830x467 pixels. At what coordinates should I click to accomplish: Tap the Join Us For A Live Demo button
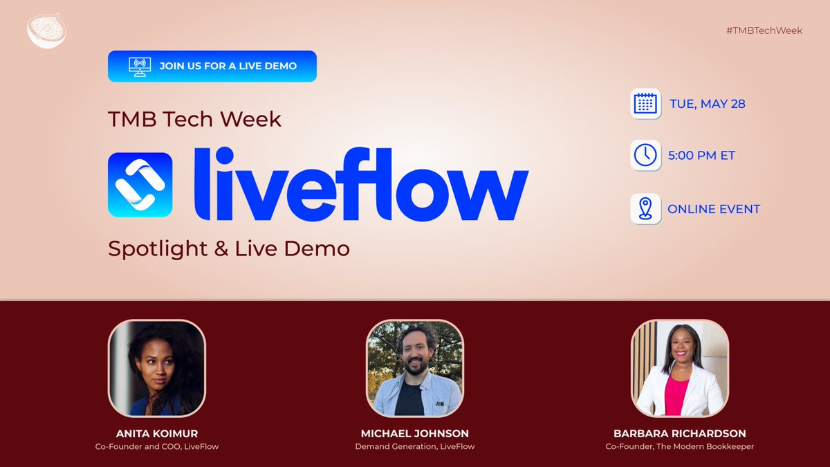tap(212, 66)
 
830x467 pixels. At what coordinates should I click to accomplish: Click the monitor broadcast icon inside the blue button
tap(140, 66)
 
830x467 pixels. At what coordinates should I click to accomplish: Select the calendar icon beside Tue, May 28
tap(645, 104)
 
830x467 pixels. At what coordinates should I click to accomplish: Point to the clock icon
tap(645, 155)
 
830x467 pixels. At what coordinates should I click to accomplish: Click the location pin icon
tap(645, 208)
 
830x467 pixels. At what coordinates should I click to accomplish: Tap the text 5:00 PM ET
tap(701, 156)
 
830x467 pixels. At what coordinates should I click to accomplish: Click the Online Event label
tap(714, 209)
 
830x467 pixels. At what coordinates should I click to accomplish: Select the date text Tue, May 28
tap(707, 104)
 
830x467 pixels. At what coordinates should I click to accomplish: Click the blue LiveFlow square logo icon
tap(140, 185)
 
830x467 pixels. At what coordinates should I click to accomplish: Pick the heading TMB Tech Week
tap(194, 119)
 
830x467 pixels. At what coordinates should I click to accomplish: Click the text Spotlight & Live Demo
tap(229, 248)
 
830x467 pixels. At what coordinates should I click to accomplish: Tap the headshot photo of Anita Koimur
tap(157, 368)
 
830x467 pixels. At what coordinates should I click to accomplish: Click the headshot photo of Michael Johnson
tap(415, 368)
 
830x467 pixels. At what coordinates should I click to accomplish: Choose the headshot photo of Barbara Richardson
tap(679, 368)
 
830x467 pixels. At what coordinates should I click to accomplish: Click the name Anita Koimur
tap(157, 434)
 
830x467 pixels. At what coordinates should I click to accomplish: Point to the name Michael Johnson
tap(415, 434)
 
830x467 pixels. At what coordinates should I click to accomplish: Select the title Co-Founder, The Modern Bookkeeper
tap(679, 447)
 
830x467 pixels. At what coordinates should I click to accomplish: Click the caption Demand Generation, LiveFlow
tap(415, 447)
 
